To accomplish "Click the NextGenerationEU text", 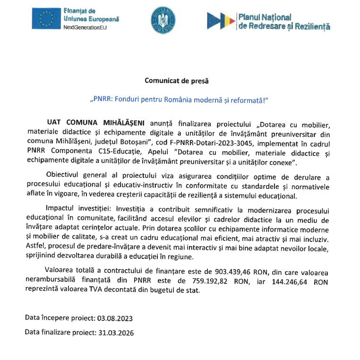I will tap(85, 28).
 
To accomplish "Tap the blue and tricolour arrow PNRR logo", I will tap(220, 19).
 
